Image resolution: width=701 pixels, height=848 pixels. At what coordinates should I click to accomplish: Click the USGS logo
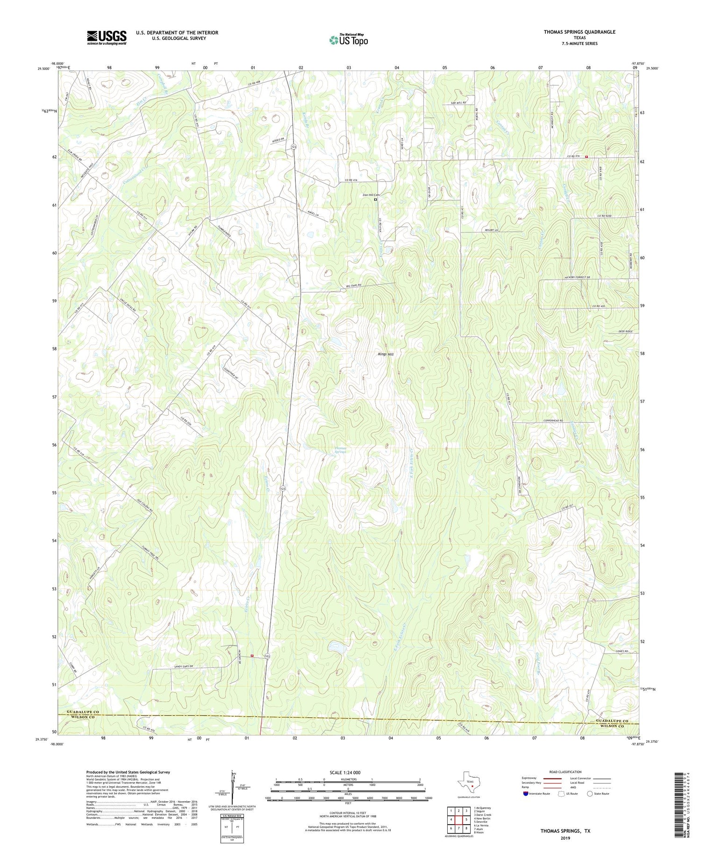pos(107,37)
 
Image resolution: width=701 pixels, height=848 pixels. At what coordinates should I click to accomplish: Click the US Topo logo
pos(348,40)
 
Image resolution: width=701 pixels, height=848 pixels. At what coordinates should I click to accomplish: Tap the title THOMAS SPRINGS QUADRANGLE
pos(579,32)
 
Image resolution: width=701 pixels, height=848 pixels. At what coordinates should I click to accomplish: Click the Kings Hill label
pos(386,355)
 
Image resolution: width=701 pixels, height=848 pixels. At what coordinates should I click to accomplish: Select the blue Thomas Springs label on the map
pos(342,450)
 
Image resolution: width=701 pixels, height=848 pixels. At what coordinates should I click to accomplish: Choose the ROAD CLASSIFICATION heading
pos(565,772)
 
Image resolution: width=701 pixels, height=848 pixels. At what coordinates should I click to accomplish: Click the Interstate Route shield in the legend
pos(525,793)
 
